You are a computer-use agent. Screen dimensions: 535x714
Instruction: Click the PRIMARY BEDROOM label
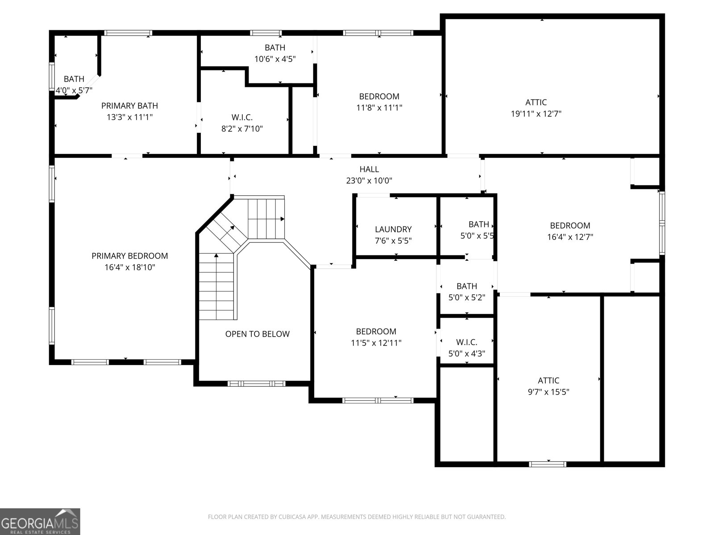click(x=130, y=256)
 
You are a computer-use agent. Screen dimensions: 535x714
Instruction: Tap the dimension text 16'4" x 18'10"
click(x=130, y=267)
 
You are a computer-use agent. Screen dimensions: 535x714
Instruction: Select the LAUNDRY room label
click(x=393, y=229)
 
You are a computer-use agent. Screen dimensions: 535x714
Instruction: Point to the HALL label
click(x=369, y=169)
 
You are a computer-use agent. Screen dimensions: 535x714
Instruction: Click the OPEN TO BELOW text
click(x=257, y=334)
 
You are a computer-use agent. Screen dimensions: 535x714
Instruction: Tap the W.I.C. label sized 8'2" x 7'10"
click(x=242, y=118)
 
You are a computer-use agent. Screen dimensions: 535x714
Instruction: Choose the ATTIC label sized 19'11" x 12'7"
click(x=536, y=103)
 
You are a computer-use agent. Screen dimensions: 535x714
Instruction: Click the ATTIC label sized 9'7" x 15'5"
click(x=548, y=380)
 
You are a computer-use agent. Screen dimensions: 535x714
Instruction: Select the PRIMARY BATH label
click(x=129, y=106)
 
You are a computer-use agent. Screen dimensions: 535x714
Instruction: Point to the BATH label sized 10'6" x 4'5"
click(x=275, y=48)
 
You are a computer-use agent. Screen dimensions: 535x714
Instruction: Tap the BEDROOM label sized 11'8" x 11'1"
click(x=379, y=96)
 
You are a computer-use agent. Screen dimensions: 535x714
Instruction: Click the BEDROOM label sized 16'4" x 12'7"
click(x=570, y=226)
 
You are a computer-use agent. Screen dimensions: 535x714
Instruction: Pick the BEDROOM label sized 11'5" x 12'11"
click(x=376, y=331)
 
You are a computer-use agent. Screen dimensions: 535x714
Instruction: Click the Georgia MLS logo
click(x=40, y=521)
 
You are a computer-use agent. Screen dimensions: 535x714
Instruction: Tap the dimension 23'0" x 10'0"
click(x=369, y=181)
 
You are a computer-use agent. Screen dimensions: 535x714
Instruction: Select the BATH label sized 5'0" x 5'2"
click(x=467, y=286)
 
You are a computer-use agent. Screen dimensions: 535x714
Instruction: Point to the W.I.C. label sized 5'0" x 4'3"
click(x=467, y=342)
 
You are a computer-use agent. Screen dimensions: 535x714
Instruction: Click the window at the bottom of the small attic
click(x=548, y=464)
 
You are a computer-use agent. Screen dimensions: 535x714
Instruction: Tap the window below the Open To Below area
click(x=257, y=383)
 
